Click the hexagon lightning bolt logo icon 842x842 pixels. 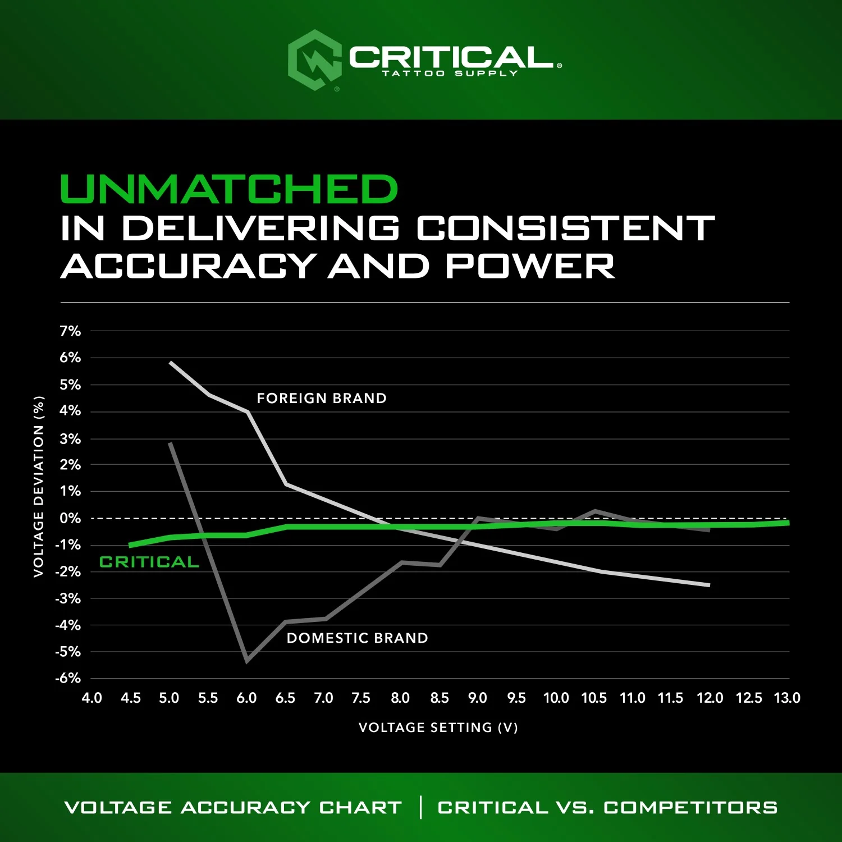click(x=314, y=60)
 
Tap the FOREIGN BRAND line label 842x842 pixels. click(x=322, y=399)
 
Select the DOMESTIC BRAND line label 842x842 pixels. click(x=357, y=638)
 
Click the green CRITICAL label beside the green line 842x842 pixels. click(x=149, y=562)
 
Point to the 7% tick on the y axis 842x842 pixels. click(x=70, y=331)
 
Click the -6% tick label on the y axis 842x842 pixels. click(x=68, y=678)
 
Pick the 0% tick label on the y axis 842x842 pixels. click(x=70, y=518)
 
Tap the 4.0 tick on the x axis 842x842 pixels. click(x=91, y=698)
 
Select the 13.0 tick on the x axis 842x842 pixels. click(x=787, y=698)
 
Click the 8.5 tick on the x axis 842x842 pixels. click(x=439, y=698)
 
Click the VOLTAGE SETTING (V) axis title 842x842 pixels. click(x=438, y=727)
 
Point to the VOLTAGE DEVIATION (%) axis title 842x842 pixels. click(x=38, y=487)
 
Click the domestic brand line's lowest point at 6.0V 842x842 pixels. click(x=247, y=661)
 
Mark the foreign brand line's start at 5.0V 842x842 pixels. click(x=171, y=363)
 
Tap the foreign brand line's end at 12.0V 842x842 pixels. click(x=709, y=585)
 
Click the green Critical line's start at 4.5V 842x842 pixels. click(x=130, y=545)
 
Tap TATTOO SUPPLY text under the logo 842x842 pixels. click(x=450, y=74)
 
